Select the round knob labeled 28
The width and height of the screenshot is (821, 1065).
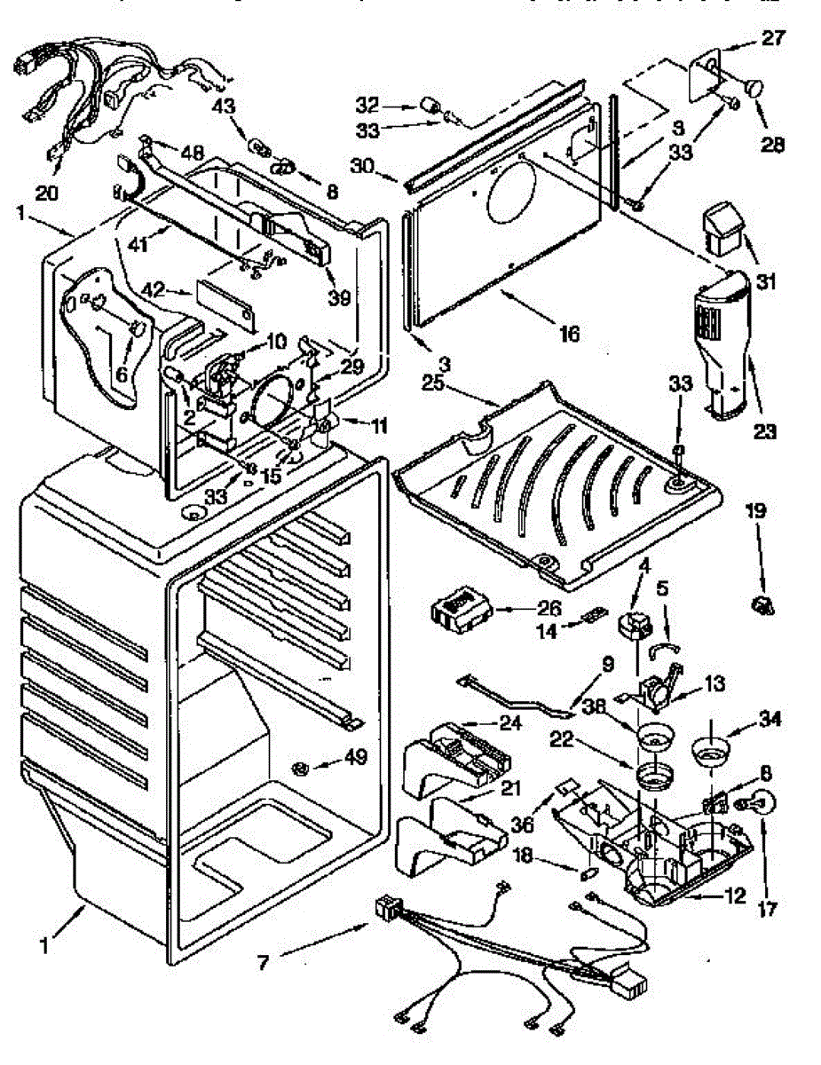tap(755, 88)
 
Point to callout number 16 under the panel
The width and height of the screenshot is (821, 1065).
tap(569, 334)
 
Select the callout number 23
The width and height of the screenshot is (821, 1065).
tap(764, 432)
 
